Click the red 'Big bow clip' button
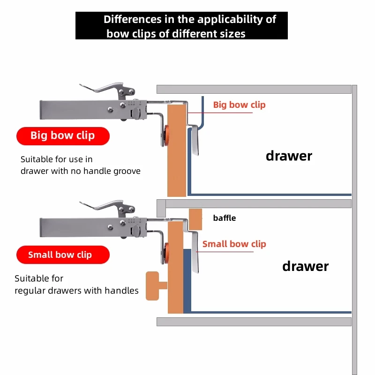click(x=63, y=136)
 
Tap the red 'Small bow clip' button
click(x=63, y=255)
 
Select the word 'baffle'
click(x=224, y=218)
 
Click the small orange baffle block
click(x=195, y=219)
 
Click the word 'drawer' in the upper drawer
click(x=289, y=156)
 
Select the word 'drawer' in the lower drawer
click(x=305, y=267)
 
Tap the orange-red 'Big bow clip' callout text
click(x=239, y=105)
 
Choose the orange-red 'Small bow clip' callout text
click(x=234, y=244)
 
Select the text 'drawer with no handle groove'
click(x=80, y=171)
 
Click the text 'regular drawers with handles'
click(x=76, y=291)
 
